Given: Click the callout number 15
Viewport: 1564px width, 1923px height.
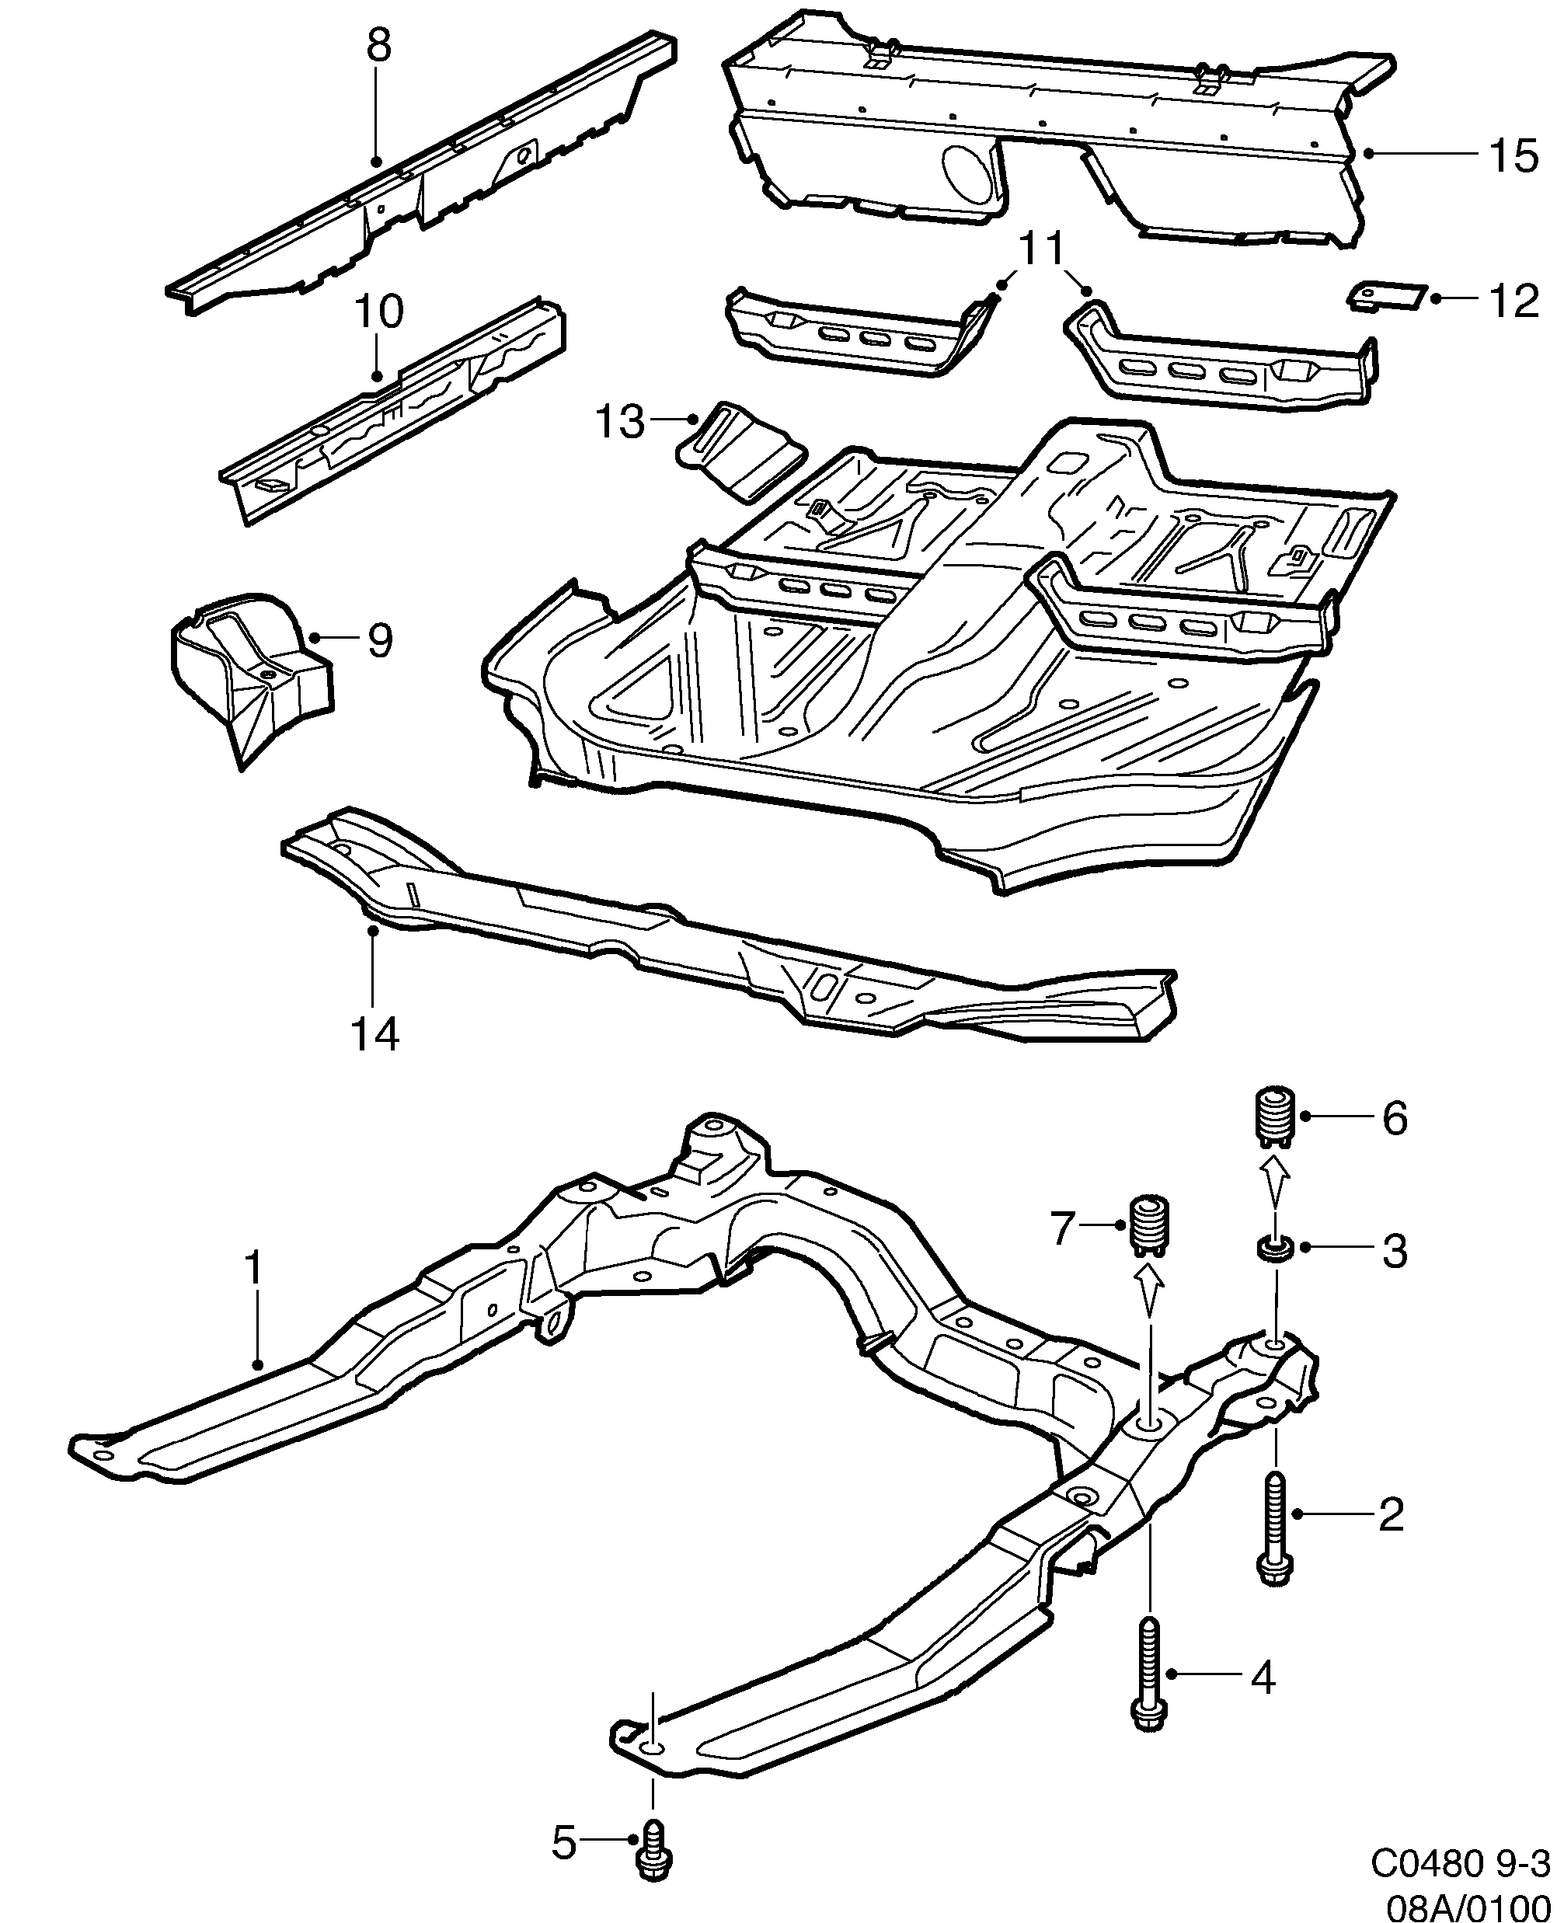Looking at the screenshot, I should pyautogui.click(x=1513, y=156).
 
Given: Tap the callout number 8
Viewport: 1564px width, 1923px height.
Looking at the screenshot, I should pyautogui.click(x=379, y=45).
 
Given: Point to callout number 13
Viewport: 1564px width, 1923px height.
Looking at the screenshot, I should pyautogui.click(x=620, y=422).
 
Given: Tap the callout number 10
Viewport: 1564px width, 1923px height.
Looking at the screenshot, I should pyautogui.click(x=378, y=312).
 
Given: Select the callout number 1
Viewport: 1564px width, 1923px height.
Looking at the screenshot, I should pyautogui.click(x=254, y=1268).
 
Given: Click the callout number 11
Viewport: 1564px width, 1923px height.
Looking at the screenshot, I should pyautogui.click(x=1043, y=248).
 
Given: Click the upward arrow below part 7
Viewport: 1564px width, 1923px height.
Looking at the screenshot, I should pyautogui.click(x=1148, y=1290).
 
